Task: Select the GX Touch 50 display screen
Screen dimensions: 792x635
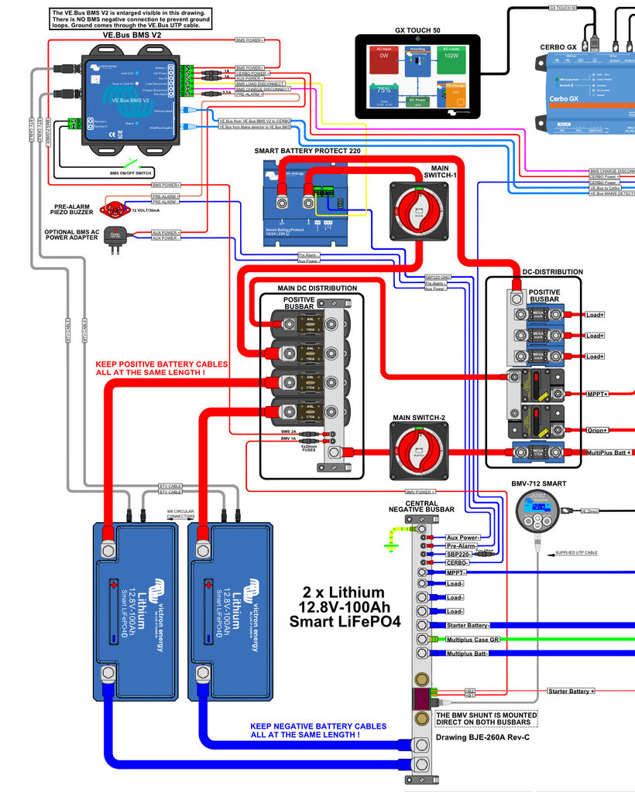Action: (x=417, y=76)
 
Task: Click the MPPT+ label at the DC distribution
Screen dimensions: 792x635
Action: (x=598, y=394)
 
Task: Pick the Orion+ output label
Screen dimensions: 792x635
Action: (x=598, y=431)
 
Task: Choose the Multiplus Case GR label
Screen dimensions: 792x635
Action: (x=472, y=640)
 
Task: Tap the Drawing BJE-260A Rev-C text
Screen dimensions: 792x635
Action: (x=484, y=736)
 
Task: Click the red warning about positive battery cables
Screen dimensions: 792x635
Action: (x=161, y=368)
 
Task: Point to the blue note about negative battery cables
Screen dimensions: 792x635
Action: (x=317, y=730)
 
